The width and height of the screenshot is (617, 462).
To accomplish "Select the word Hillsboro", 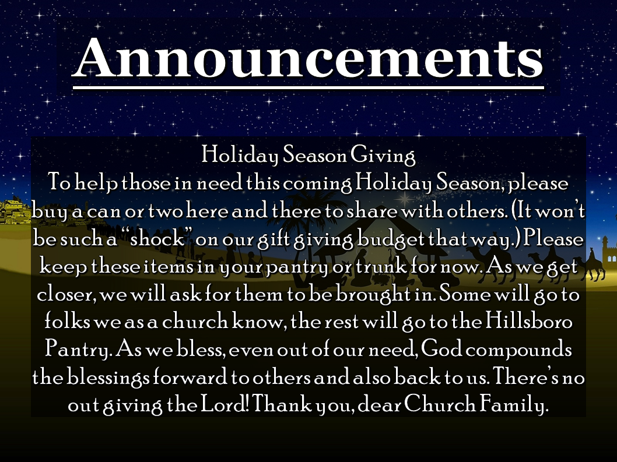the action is point(528,322).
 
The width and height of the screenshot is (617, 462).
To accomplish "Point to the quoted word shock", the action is point(157,239).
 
